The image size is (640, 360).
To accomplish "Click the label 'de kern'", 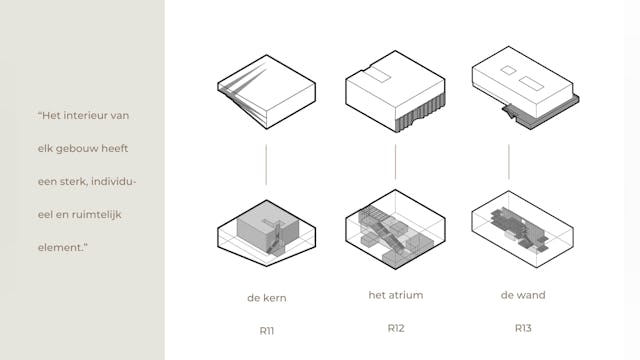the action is [x=267, y=298].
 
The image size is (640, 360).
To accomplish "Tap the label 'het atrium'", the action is [x=396, y=295].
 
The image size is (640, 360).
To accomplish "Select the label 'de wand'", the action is [x=523, y=295].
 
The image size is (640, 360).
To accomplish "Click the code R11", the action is [x=267, y=331].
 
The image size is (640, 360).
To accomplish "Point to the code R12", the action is [x=396, y=328].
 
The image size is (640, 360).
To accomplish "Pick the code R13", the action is [x=523, y=328].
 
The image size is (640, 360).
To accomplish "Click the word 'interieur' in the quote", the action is [x=84, y=116].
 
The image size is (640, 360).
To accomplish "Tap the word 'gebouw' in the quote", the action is [x=78, y=149].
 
